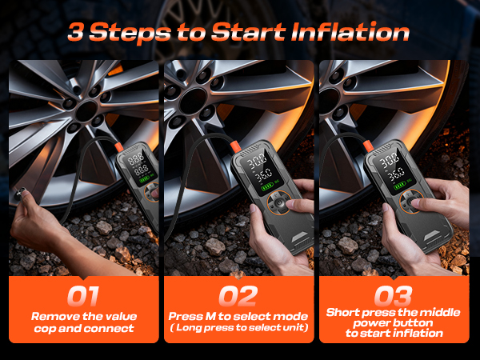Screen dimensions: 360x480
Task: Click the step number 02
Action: (x=238, y=296)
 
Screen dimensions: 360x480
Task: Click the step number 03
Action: (x=394, y=296)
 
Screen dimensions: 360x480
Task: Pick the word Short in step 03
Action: (x=344, y=312)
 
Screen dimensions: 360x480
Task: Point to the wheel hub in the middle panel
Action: (x=194, y=102)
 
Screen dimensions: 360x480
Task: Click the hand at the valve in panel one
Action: (x=36, y=221)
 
